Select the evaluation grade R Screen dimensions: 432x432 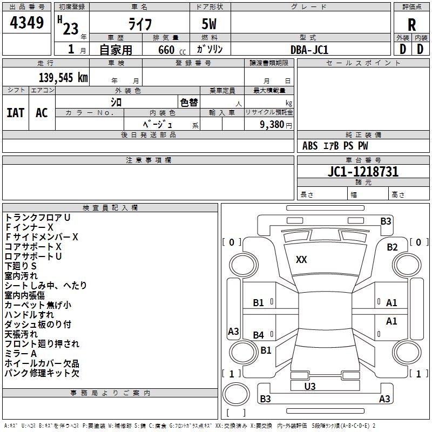pyautogui.click(x=411, y=25)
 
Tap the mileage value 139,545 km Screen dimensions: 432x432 pyautogui.click(x=63, y=78)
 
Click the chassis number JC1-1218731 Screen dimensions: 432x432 pyautogui.click(x=363, y=172)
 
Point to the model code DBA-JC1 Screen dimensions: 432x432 pyautogui.click(x=309, y=50)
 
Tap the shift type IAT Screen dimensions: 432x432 pyautogui.click(x=15, y=112)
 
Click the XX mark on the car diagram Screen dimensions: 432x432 pyautogui.click(x=301, y=260)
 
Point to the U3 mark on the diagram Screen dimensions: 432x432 pyautogui.click(x=310, y=386)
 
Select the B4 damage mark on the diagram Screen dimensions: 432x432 pyautogui.click(x=259, y=335)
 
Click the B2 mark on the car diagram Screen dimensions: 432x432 pyautogui.click(x=392, y=247)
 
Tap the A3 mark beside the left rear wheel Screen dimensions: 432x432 pyautogui.click(x=233, y=332)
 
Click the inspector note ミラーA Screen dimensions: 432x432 pyautogui.click(x=21, y=353)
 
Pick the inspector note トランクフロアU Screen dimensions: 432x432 pyautogui.click(x=38, y=218)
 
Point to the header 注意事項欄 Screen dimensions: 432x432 pyautogui.click(x=148, y=160)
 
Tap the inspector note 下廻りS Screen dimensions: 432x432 pyautogui.click(x=21, y=266)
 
